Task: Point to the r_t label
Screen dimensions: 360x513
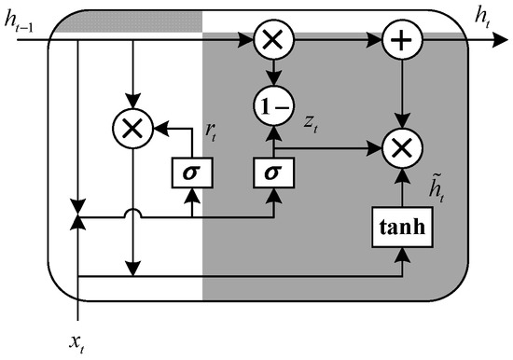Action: click(x=211, y=133)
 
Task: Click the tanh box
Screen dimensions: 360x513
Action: click(x=403, y=227)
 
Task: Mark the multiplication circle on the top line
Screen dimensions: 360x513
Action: click(x=273, y=40)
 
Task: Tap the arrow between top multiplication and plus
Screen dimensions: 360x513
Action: click(x=336, y=40)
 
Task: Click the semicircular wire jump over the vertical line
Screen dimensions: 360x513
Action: click(x=135, y=215)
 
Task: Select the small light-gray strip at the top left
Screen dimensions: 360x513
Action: click(x=125, y=32)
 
